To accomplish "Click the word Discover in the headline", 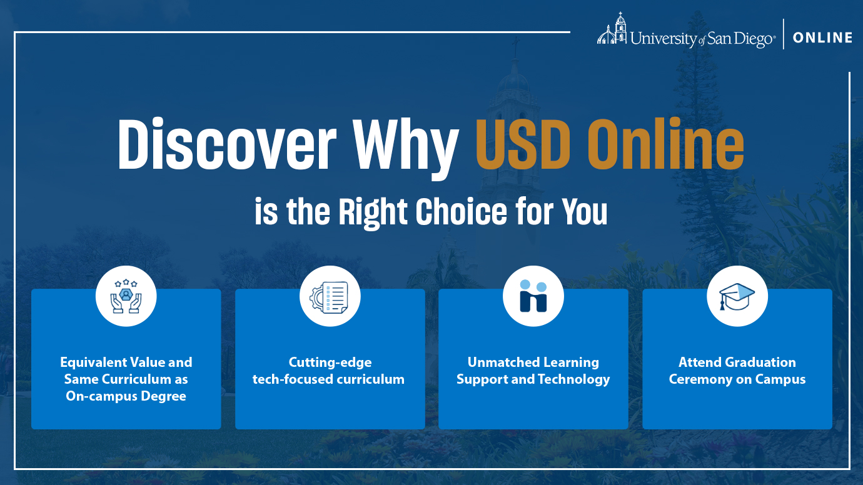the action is tap(227, 144).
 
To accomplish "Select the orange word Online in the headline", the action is tap(666, 144).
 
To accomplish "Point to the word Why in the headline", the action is tap(406, 149).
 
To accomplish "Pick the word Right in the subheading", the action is tap(373, 214).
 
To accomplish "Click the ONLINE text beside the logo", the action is tap(822, 37).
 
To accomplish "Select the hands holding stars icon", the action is tap(126, 296).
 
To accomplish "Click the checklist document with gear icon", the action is tap(329, 297).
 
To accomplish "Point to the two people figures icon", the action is tap(533, 296).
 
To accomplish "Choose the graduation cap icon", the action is tap(737, 297).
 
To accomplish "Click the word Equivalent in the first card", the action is tap(93, 362).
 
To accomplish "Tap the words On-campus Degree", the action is tap(126, 396).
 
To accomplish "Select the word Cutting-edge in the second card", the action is tap(330, 363).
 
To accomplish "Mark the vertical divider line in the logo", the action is tap(784, 34).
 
